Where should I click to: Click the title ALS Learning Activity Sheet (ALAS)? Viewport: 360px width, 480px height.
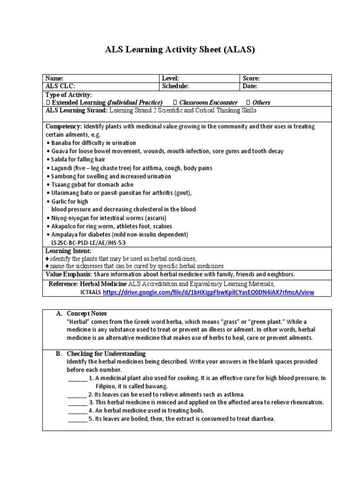[180, 50]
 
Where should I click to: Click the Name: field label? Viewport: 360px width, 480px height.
[54, 79]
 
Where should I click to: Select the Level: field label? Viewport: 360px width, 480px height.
[171, 79]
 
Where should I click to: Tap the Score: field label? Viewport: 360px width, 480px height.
[251, 79]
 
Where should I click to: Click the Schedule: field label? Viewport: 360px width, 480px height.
[175, 86]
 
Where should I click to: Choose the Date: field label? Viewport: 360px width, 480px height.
[250, 86]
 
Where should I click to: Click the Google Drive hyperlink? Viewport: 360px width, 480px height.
[208, 292]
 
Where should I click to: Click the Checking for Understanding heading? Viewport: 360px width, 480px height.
[106, 353]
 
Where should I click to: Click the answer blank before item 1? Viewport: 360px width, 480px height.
[77, 378]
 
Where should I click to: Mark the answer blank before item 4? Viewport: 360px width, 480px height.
[77, 411]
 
